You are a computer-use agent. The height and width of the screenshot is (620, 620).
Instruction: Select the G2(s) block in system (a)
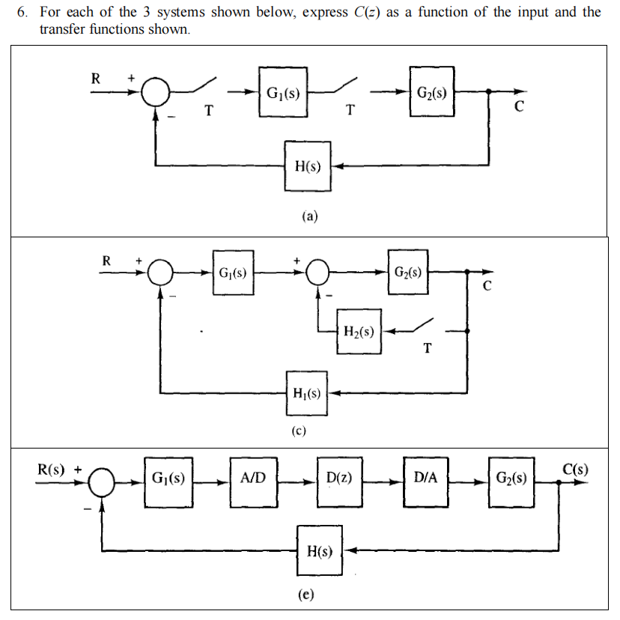(x=431, y=94)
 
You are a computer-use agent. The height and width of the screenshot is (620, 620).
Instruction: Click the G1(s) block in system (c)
(x=233, y=273)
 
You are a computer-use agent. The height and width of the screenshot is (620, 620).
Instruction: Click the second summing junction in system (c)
(x=319, y=273)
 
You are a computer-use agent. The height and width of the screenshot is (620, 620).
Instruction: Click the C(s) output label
(x=574, y=470)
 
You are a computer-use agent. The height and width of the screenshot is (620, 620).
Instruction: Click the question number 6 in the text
(x=21, y=13)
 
